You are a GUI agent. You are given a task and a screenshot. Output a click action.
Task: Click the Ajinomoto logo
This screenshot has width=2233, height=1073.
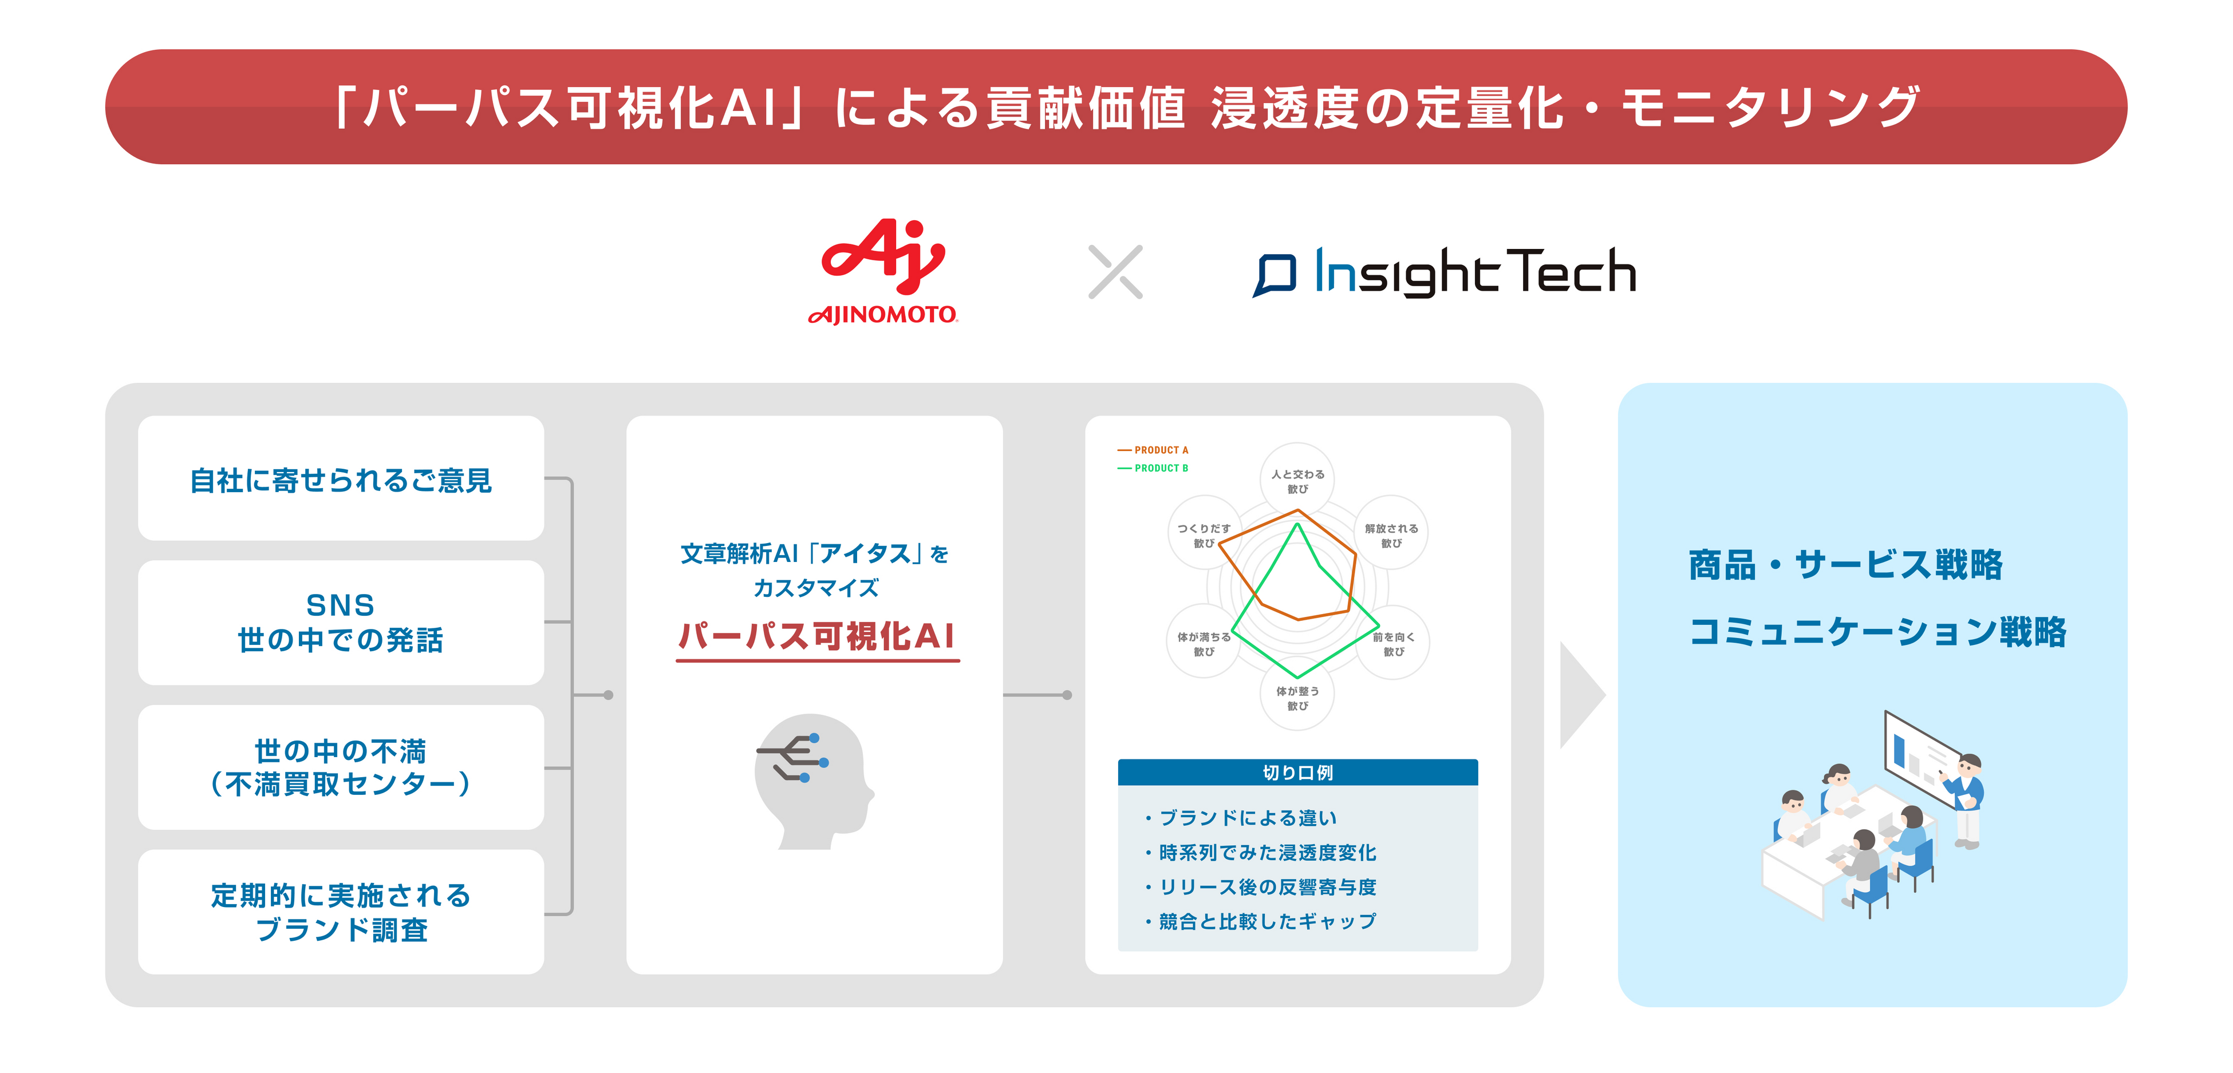(x=882, y=271)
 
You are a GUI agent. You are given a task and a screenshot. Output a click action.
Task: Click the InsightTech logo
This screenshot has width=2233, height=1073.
(x=1444, y=272)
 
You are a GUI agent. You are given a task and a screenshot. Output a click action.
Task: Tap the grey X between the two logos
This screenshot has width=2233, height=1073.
(x=1115, y=272)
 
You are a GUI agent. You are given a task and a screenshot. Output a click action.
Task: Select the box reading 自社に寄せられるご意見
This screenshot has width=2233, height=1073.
(x=341, y=480)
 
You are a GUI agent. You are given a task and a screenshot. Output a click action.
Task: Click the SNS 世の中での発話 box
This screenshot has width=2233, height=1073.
(x=341, y=622)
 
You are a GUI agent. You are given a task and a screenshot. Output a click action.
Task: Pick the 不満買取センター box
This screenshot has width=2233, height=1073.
(x=341, y=767)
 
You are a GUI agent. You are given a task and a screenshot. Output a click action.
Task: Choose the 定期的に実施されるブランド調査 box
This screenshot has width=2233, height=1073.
(x=341, y=912)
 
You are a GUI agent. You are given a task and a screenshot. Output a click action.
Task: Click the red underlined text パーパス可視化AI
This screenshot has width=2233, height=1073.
(x=816, y=636)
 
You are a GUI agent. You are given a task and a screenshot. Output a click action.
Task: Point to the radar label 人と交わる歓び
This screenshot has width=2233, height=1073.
(x=1297, y=481)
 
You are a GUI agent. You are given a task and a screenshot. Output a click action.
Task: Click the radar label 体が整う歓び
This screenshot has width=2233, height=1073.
(x=1297, y=698)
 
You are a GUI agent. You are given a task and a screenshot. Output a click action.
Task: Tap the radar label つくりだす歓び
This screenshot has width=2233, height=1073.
(x=1204, y=534)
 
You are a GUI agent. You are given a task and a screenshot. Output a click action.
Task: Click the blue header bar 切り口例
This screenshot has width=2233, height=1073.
(x=1297, y=772)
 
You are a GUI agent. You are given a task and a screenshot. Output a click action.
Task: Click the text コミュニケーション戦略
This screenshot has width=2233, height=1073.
(x=1877, y=632)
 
